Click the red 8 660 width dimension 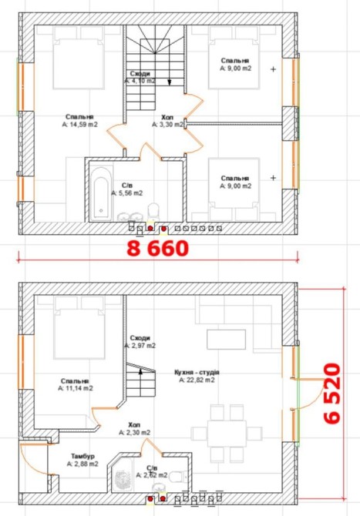coord(157,248)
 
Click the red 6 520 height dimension coord(331,394)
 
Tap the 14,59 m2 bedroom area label coord(79,125)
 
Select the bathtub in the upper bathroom coord(101,193)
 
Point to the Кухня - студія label coord(197,373)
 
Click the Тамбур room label coord(82,457)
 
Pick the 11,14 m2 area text coord(76,388)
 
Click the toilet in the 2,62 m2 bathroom coord(179,476)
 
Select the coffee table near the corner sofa coord(227,340)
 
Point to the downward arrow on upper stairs coord(170,82)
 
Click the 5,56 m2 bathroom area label coord(126,193)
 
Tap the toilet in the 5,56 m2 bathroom coord(153,212)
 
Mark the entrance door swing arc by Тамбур coord(33,460)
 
